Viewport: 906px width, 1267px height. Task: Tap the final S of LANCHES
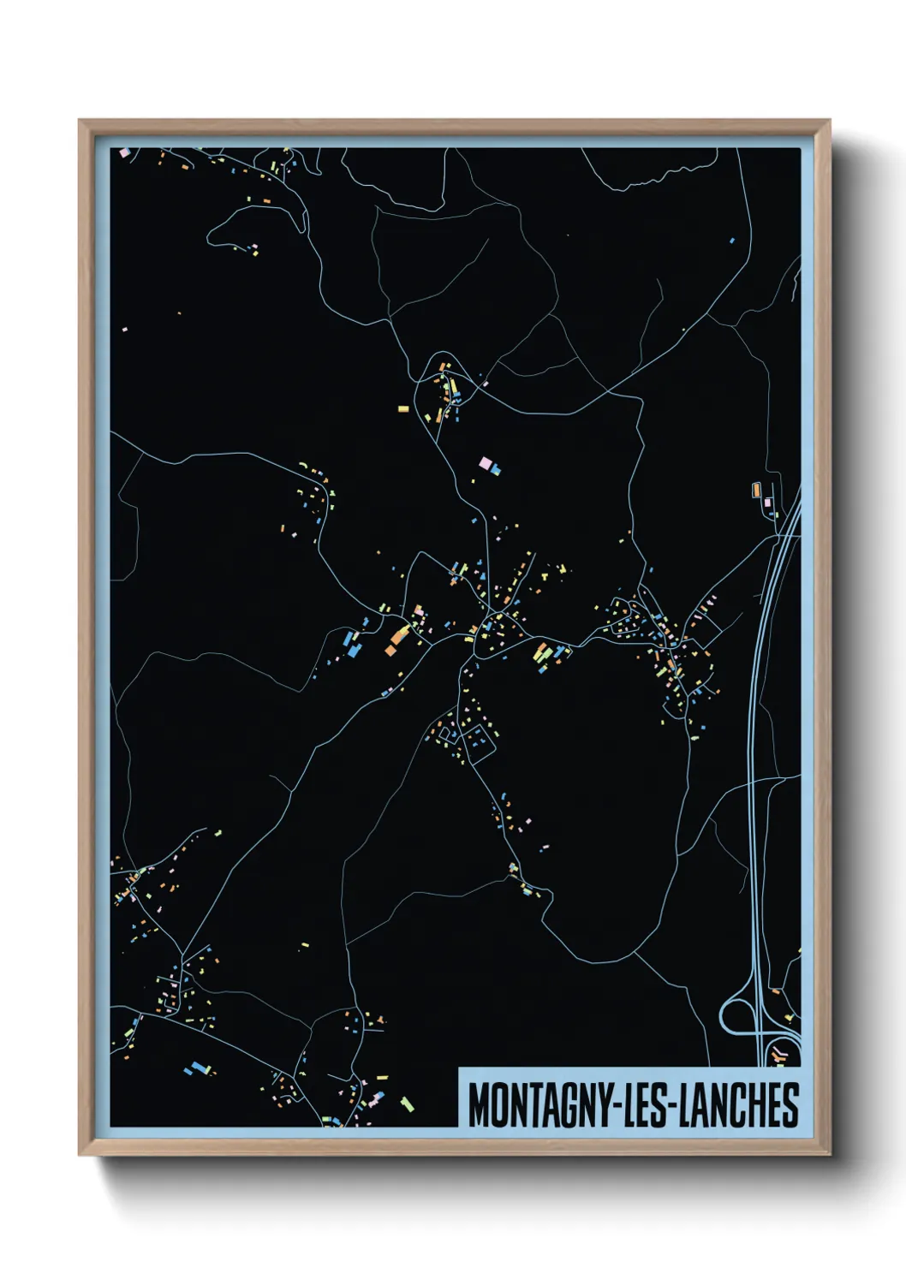pyautogui.click(x=791, y=1104)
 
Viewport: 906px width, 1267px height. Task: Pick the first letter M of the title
pyautogui.click(x=478, y=1104)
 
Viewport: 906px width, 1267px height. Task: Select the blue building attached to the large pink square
pyautogui.click(x=495, y=469)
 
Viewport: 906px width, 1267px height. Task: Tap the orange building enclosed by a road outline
pyautogui.click(x=755, y=490)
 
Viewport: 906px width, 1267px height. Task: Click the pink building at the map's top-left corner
pyautogui.click(x=124, y=152)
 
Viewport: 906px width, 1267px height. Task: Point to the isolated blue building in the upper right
pyautogui.click(x=731, y=241)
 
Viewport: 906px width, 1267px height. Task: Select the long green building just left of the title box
pyautogui.click(x=407, y=1103)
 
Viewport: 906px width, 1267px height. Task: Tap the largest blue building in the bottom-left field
pyautogui.click(x=201, y=1067)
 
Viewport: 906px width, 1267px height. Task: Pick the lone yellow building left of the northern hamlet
pyautogui.click(x=402, y=408)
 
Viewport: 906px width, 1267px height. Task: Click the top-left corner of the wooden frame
pyautogui.click(x=80, y=121)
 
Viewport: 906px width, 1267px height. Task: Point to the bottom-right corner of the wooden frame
pyautogui.click(x=830, y=1154)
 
